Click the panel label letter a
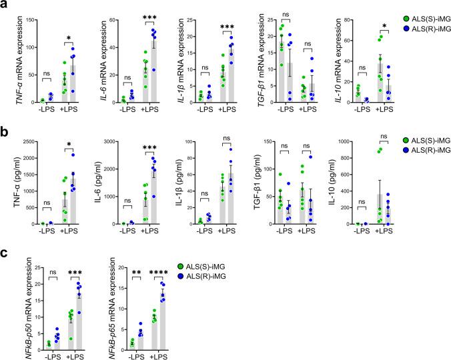coord(5,5)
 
